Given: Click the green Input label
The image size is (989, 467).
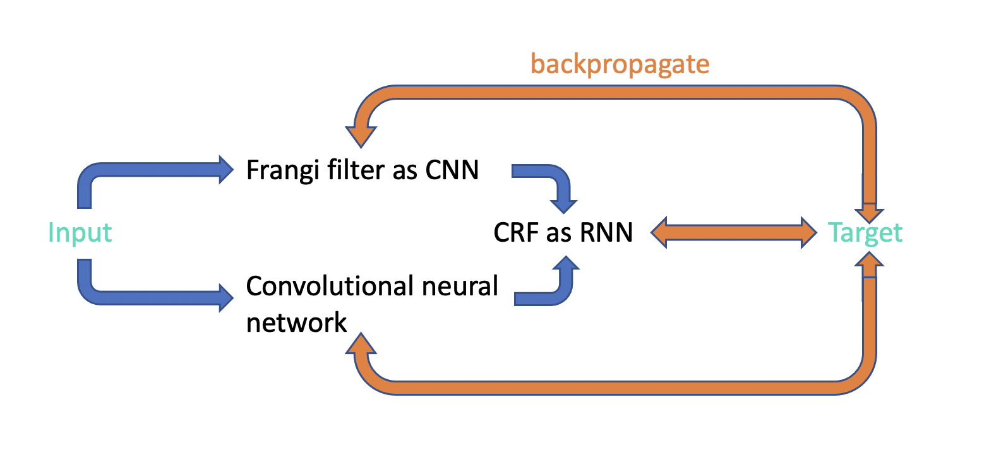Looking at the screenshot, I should [x=80, y=233].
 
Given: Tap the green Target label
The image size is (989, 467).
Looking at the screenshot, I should [x=865, y=233].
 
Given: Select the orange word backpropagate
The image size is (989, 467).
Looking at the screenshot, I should [x=620, y=64].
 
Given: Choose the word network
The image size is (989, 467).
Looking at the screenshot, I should [x=296, y=322].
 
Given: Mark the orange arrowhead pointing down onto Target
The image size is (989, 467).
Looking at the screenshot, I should [x=869, y=212].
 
